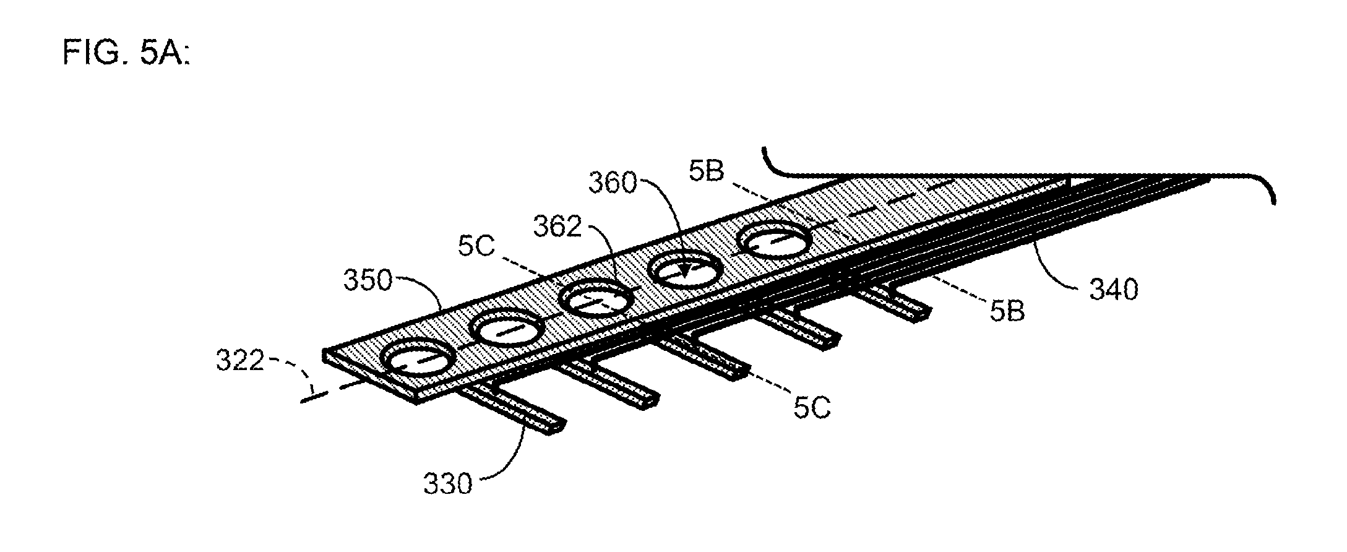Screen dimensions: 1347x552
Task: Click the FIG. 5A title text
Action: [126, 54]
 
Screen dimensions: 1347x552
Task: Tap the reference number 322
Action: [239, 361]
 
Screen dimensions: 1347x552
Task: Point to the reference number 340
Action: [1114, 290]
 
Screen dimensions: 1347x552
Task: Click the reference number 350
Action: [368, 281]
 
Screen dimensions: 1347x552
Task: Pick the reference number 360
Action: [613, 183]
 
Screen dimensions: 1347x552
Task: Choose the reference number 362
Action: [558, 228]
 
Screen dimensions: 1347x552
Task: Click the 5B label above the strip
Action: [706, 173]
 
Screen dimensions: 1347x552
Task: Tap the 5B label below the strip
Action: [1007, 312]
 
